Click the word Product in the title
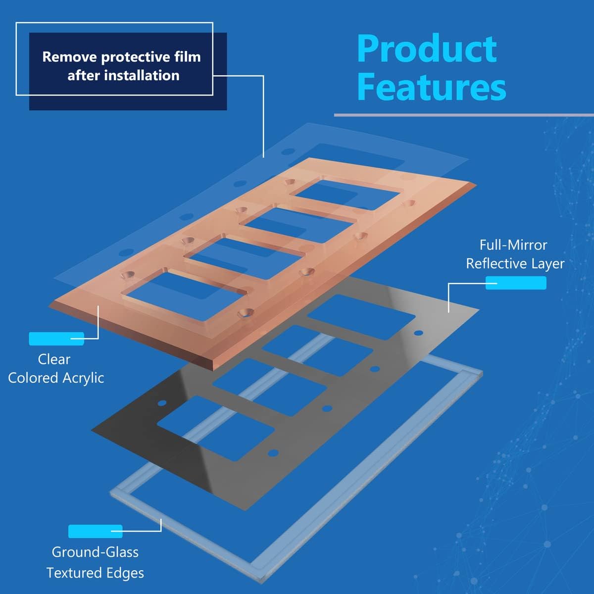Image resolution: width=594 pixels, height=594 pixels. tap(427, 49)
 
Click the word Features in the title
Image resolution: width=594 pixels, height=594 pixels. tap(431, 88)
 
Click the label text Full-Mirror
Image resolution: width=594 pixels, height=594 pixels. tap(513, 245)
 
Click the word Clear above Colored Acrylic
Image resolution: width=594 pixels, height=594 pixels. tap(54, 359)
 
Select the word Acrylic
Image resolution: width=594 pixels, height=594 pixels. tap(84, 378)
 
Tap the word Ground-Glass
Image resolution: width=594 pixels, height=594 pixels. tap(95, 552)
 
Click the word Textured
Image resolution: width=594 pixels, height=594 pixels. tap(74, 573)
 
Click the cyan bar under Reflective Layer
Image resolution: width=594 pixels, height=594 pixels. tap(516, 283)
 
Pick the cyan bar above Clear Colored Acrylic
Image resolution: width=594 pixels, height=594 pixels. tap(56, 339)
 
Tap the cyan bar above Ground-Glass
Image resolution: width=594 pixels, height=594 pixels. tap(95, 531)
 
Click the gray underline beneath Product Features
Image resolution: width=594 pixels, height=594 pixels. tap(463, 115)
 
